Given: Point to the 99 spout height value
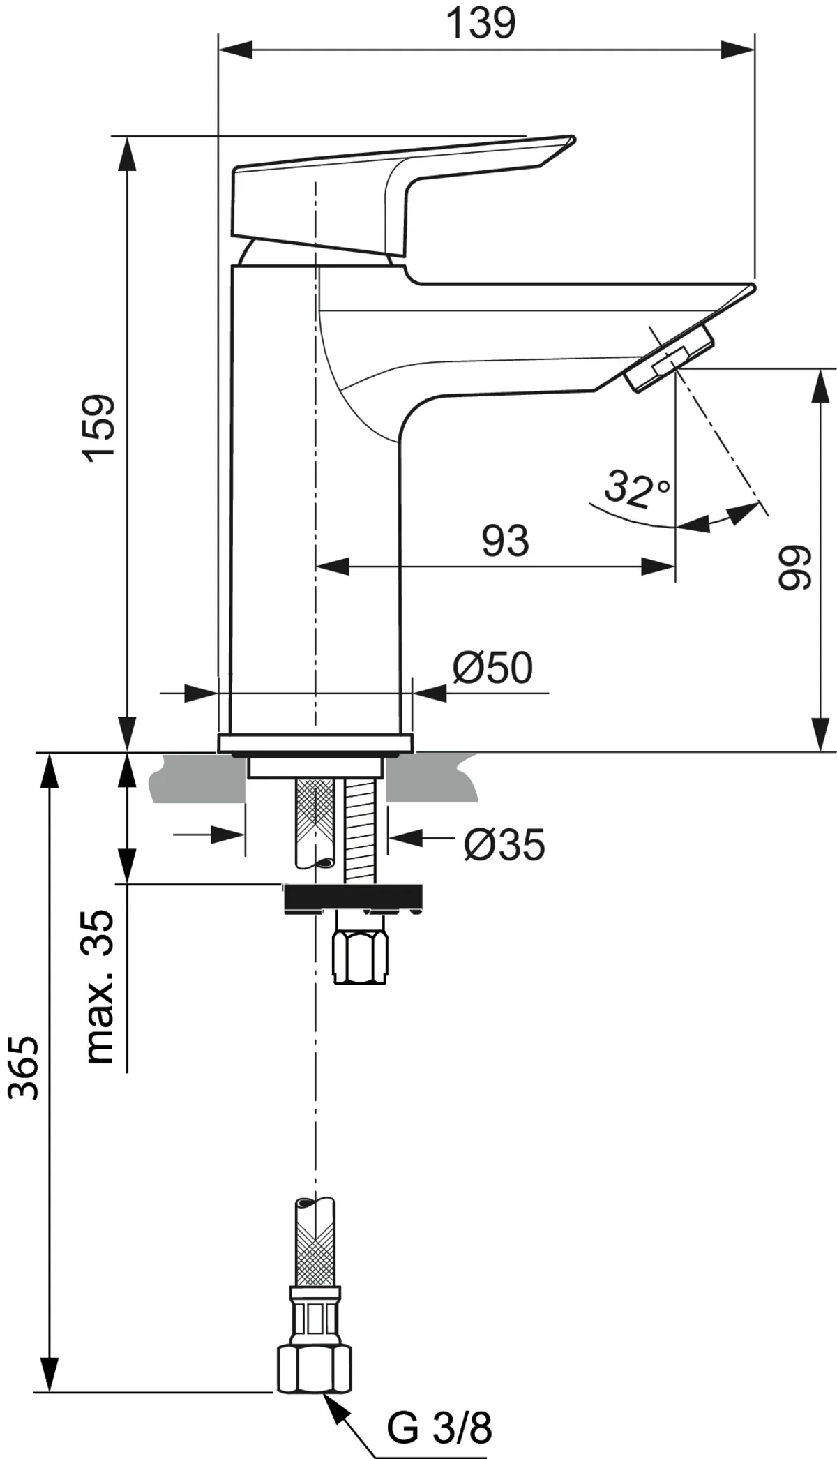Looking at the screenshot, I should click(x=794, y=568).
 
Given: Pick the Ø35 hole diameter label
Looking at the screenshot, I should click(x=504, y=845).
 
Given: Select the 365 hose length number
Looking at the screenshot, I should click(x=26, y=1068).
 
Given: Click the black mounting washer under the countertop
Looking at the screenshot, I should click(x=352, y=897).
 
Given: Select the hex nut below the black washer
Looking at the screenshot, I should click(x=360, y=949).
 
